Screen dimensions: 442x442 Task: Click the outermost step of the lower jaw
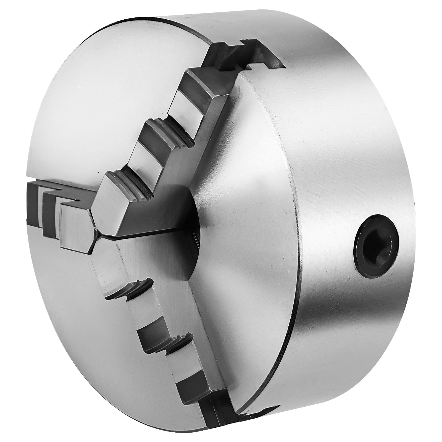click(x=193, y=370)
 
